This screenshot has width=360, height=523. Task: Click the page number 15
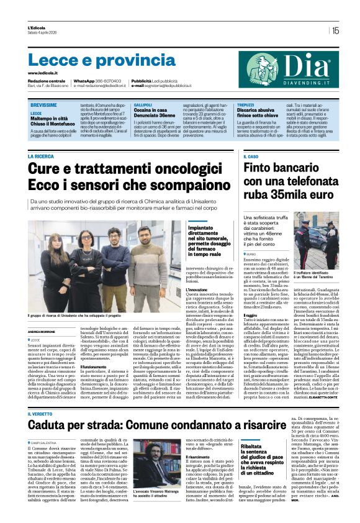coord(335,30)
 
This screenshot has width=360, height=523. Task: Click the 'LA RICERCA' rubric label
coord(40,157)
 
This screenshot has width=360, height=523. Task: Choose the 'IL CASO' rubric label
coord(251,157)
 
